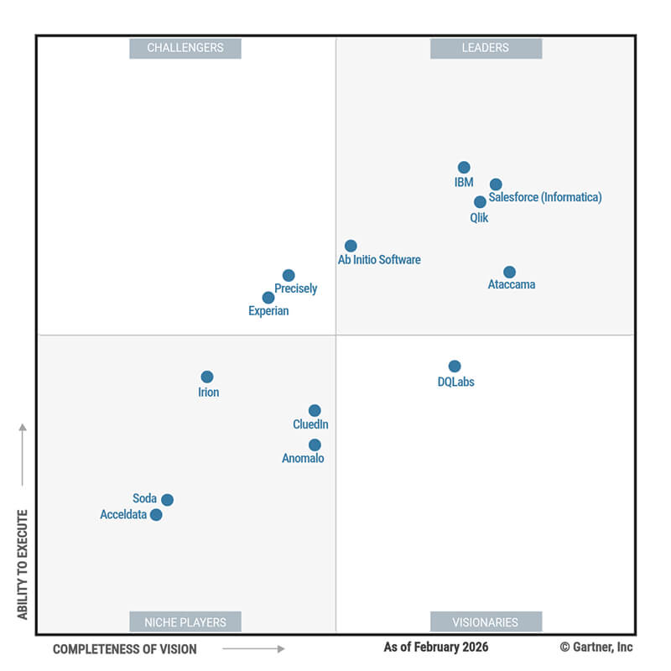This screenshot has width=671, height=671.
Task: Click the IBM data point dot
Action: pos(464,168)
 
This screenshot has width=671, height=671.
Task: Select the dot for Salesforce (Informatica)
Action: pos(496,185)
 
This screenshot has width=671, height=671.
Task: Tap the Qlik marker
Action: pos(480,202)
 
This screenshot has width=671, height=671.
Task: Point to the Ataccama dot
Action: pos(509,272)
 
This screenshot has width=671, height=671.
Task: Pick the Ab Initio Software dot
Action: pos(351,246)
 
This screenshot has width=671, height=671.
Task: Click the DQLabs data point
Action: pos(455,367)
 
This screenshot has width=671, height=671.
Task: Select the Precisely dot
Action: pos(289,275)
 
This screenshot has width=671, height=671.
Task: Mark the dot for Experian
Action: pos(268,298)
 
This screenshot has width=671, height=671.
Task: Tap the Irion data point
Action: pos(207,377)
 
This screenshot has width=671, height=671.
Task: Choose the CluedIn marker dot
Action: pos(315,411)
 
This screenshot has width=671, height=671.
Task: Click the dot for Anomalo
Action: pos(315,445)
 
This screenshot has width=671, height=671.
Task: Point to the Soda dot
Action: pos(167,500)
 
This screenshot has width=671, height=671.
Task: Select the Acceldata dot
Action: pos(156,515)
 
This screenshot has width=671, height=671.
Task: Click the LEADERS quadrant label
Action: pos(486,48)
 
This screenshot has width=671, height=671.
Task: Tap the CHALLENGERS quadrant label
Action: pos(185,48)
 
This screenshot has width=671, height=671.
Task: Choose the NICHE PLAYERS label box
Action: pos(185,622)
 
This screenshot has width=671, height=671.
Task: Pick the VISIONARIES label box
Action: pos(486,622)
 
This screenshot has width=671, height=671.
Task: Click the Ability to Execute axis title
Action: pos(23,564)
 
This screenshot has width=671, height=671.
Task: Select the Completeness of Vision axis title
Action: pos(125,649)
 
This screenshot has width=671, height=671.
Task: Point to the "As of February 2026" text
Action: pos(436,647)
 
